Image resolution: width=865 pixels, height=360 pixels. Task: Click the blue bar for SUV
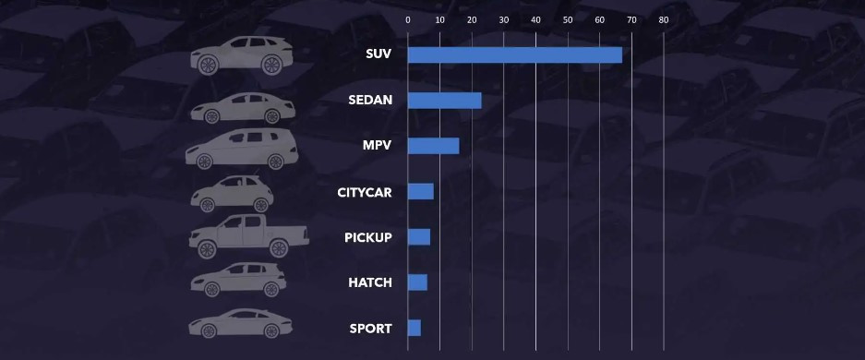tap(514, 54)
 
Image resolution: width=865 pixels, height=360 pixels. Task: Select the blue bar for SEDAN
tap(444, 101)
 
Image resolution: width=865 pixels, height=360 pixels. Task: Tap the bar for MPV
tap(433, 146)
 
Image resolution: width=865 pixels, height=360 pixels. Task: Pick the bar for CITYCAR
tap(420, 191)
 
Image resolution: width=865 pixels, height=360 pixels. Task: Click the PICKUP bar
tap(418, 237)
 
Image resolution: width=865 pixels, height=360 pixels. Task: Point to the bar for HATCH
tap(417, 282)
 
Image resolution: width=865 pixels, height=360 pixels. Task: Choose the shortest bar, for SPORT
tap(414, 328)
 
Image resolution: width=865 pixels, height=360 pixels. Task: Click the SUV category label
tap(378, 54)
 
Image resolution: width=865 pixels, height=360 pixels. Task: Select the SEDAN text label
tap(370, 101)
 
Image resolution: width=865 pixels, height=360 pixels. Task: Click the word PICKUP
tap(368, 237)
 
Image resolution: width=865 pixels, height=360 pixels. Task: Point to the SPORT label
tap(370, 329)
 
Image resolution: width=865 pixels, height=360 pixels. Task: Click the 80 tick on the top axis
tap(663, 19)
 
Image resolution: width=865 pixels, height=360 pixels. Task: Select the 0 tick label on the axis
tap(408, 19)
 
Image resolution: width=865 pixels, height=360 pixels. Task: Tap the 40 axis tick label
tap(535, 19)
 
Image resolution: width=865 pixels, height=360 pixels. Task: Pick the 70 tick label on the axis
tap(631, 19)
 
